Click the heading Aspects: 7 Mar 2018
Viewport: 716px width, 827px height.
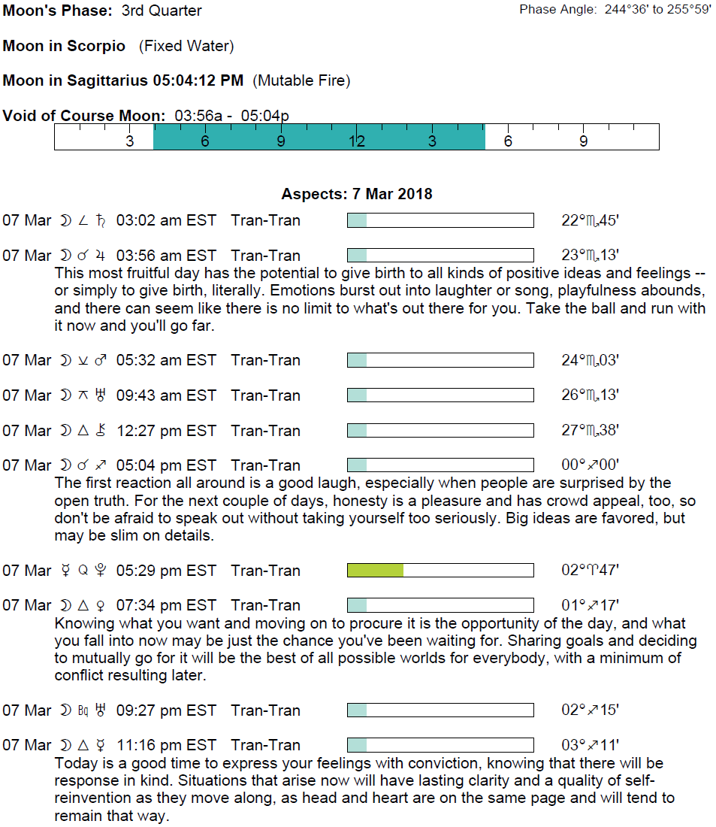pos(357,194)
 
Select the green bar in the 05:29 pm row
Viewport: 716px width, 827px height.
pos(375,571)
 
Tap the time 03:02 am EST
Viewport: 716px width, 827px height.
pos(166,220)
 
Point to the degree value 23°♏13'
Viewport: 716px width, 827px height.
pos(590,256)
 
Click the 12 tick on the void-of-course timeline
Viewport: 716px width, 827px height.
pos(356,141)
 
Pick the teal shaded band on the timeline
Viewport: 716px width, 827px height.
pos(319,137)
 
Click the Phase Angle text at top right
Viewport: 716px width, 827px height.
pos(615,11)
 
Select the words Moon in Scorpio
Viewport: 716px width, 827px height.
pos(64,46)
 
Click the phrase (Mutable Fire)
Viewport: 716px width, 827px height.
pos(301,80)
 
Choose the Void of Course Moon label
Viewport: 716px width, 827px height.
pos(84,116)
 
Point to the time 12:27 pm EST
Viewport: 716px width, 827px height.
pos(166,431)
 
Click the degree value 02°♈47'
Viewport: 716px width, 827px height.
pos(590,571)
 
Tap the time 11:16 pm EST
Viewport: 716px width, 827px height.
pos(166,745)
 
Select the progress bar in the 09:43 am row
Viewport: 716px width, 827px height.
pos(440,395)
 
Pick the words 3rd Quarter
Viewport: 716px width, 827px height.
pos(162,11)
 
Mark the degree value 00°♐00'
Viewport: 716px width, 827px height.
pos(590,465)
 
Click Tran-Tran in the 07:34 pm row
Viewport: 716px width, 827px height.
pos(265,605)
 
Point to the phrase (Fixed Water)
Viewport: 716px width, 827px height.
pos(186,46)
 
